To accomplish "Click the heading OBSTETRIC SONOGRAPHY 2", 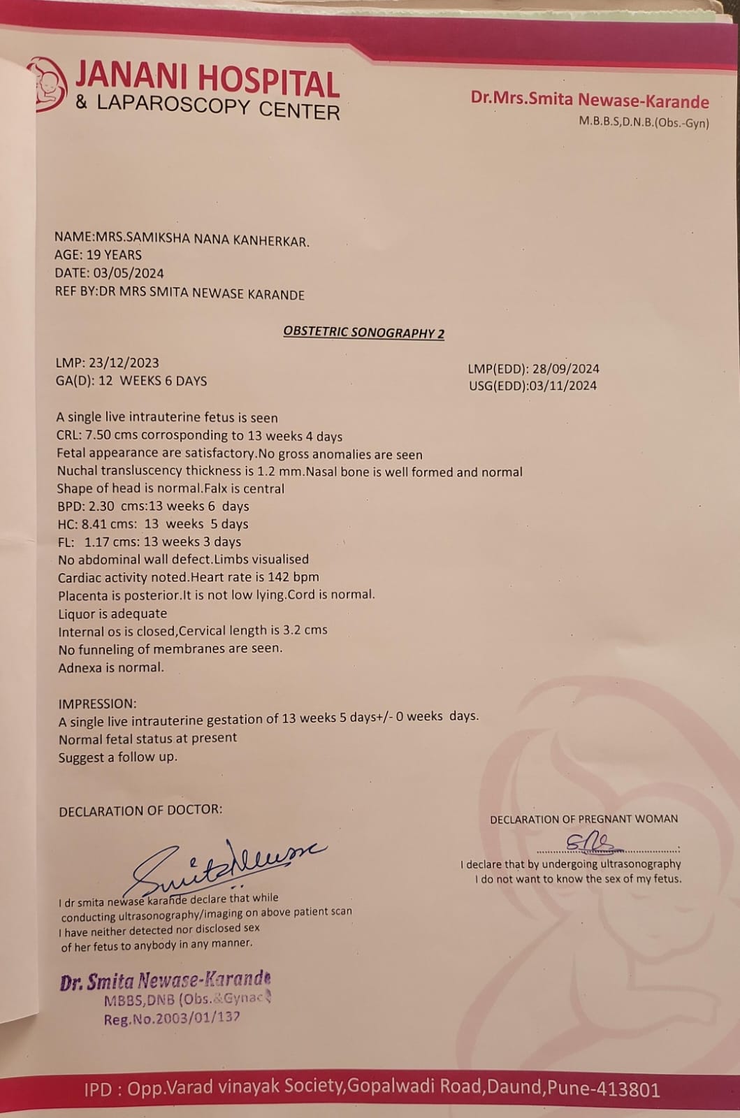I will click(363, 333).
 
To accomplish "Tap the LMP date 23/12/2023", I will click(124, 363).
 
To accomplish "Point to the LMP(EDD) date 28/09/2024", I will click(566, 369).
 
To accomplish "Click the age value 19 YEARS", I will click(114, 255).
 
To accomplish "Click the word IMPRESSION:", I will click(97, 704).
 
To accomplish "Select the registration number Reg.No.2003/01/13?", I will click(172, 1019).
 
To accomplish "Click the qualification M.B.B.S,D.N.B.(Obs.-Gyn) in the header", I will click(643, 123).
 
